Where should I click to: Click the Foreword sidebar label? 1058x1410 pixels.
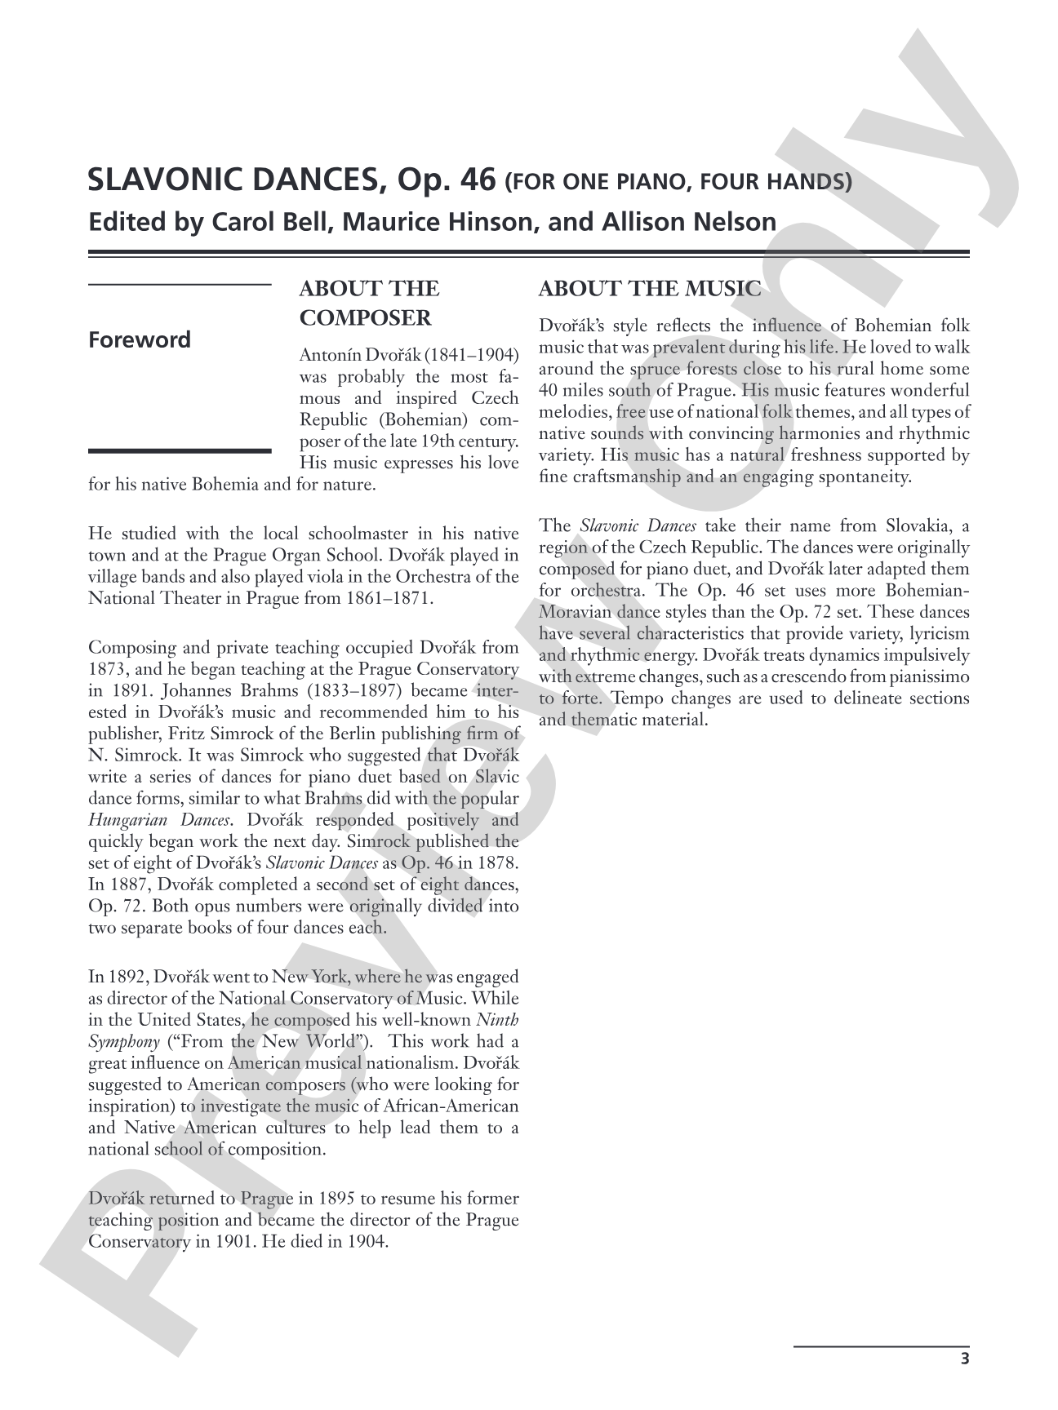pos(139,339)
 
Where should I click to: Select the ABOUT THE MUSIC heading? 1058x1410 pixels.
pos(650,289)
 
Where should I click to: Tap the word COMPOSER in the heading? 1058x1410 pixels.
pos(365,318)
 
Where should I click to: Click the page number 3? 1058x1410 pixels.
pos(964,1359)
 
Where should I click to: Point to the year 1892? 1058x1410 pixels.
pos(129,977)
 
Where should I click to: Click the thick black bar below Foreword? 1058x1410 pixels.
pos(179,450)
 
